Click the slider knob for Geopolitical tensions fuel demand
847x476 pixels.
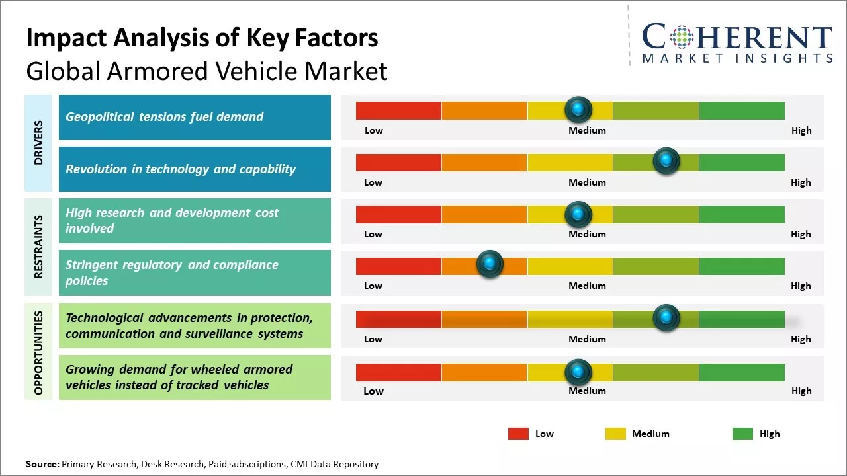[x=578, y=109]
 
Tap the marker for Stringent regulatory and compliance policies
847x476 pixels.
[x=490, y=264]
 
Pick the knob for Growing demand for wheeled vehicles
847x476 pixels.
[x=578, y=372]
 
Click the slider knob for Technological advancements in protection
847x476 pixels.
[x=666, y=318]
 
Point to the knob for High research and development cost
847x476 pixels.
[x=578, y=214]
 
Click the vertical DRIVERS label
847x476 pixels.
[x=38, y=143]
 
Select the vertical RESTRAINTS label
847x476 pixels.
[x=38, y=247]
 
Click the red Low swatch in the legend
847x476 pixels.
[x=518, y=434]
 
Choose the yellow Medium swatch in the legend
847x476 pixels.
[x=615, y=434]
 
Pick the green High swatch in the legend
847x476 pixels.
[x=742, y=434]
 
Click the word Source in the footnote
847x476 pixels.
[x=42, y=465]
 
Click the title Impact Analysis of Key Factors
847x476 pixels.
[x=202, y=38]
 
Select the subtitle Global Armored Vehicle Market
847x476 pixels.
[x=206, y=71]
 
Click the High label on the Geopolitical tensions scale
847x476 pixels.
[x=801, y=130]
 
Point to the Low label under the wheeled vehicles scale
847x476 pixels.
[x=373, y=391]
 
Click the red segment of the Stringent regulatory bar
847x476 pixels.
[x=398, y=266]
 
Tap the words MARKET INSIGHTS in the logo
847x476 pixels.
[x=737, y=59]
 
